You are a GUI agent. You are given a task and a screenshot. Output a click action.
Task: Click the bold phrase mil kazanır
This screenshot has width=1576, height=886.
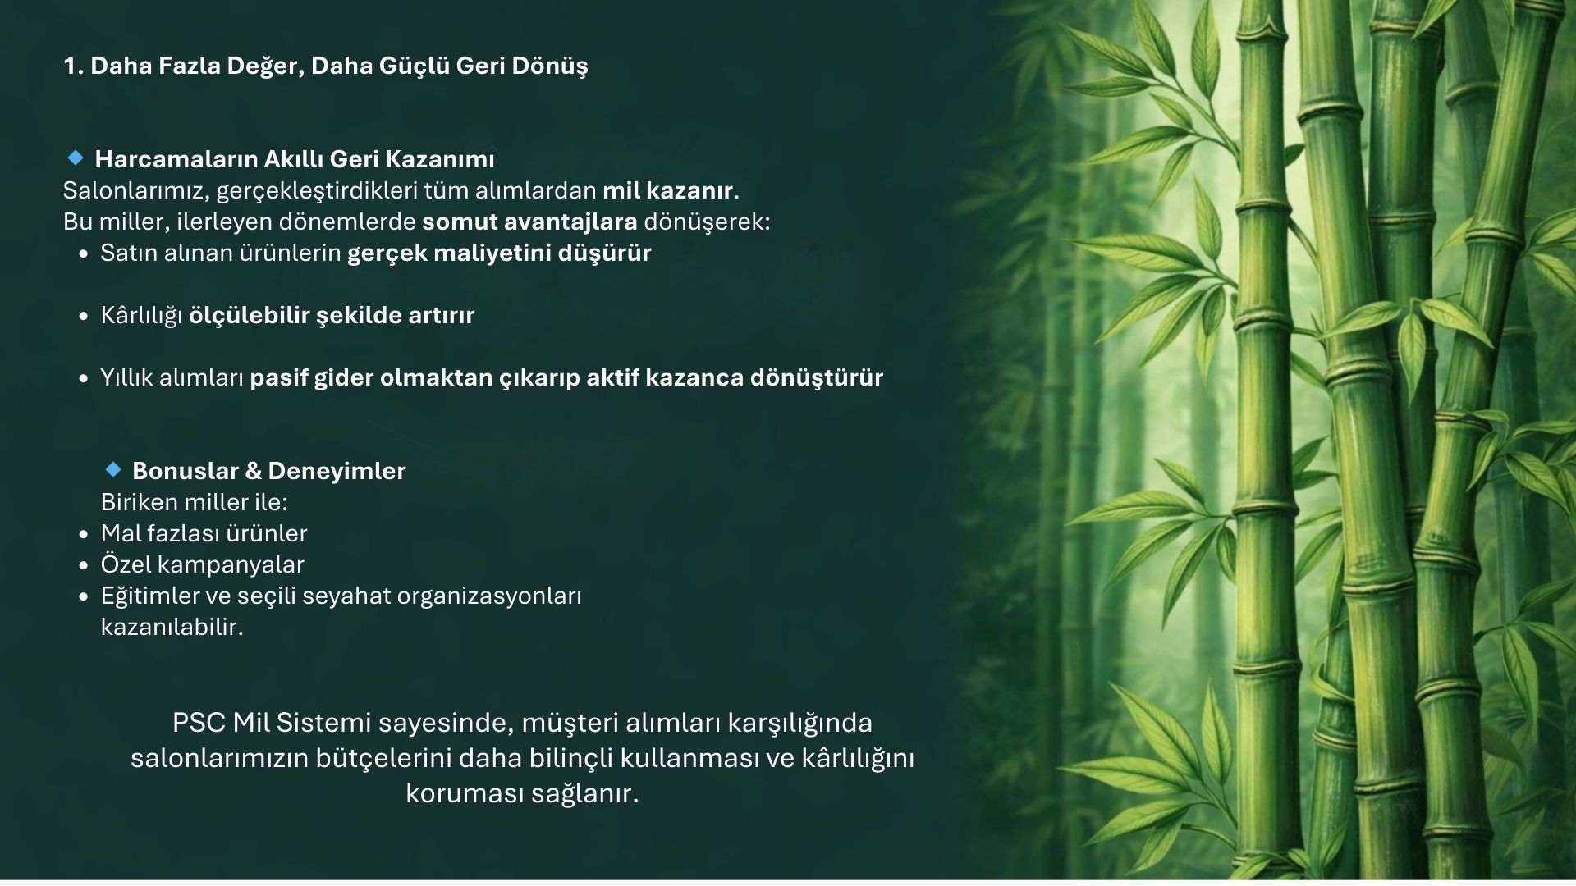coord(667,191)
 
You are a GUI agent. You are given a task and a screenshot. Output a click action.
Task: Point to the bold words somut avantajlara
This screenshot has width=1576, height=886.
coord(529,222)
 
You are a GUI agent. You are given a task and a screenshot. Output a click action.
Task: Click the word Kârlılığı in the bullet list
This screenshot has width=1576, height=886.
coord(141,317)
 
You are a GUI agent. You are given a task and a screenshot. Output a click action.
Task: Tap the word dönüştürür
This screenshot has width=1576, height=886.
coord(817,378)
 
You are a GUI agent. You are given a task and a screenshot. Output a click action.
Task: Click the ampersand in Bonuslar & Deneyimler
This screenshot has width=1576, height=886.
coord(254,472)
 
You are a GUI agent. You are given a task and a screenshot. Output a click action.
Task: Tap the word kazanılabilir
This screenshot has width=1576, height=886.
coord(172,628)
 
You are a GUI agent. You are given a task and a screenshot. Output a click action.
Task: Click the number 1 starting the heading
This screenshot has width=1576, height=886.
coord(70,66)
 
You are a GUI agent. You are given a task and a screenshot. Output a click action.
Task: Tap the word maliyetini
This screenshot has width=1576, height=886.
coord(483,253)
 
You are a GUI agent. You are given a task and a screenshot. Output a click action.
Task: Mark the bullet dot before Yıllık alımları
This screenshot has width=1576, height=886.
coord(84,379)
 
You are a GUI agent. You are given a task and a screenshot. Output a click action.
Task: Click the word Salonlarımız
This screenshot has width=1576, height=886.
coord(136,191)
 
